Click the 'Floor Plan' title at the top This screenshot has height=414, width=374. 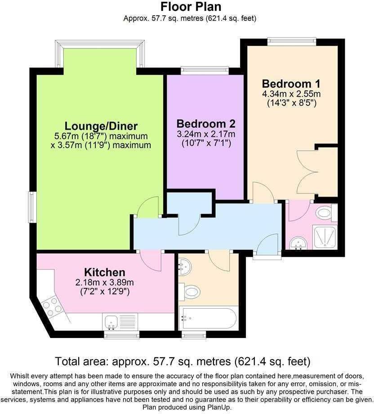tap(191, 7)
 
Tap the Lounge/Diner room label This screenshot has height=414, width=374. tap(101, 126)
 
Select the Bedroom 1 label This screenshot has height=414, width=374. tap(291, 84)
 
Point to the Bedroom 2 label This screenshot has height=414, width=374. tap(205, 123)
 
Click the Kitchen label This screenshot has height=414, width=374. tap(104, 272)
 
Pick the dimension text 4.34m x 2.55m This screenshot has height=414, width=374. tap(291, 94)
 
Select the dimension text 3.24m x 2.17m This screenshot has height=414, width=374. tap(205, 134)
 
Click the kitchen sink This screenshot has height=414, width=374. tap(111, 321)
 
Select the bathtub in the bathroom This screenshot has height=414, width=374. tap(208, 319)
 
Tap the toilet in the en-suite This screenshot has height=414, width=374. tap(325, 213)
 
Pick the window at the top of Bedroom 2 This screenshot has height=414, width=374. tap(205, 70)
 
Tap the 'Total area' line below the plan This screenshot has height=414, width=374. tap(183, 361)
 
